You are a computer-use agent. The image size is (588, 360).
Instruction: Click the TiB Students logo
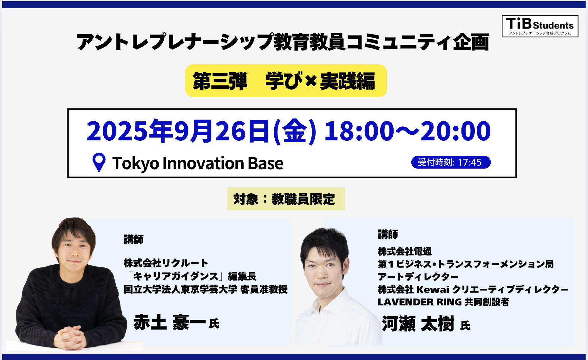pyautogui.click(x=540, y=26)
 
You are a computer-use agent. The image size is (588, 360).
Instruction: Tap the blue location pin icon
pyautogui.click(x=99, y=163)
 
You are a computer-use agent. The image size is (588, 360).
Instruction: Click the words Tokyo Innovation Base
pyautogui.click(x=198, y=163)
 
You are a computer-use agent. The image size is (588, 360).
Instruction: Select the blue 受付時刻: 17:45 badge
pyautogui.click(x=451, y=162)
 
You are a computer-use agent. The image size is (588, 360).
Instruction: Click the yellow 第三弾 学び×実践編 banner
pyautogui.click(x=286, y=81)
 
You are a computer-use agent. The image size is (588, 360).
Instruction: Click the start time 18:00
pyautogui.click(x=359, y=131)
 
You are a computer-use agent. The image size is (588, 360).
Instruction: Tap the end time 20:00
pyautogui.click(x=455, y=131)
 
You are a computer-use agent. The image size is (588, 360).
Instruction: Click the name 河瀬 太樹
pyautogui.click(x=418, y=324)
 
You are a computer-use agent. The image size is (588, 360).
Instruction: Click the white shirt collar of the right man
pyautogui.click(x=330, y=299)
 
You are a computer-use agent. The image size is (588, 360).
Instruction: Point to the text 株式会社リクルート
pyautogui.click(x=166, y=263)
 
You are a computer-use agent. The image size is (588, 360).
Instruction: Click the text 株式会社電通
pyautogui.click(x=405, y=251)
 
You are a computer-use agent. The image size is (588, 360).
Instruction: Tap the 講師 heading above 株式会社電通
pyautogui.click(x=388, y=234)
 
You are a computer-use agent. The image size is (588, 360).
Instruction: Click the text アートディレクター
pyautogui.click(x=418, y=277)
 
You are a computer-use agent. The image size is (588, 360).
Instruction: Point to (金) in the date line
pyautogui.click(x=294, y=131)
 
